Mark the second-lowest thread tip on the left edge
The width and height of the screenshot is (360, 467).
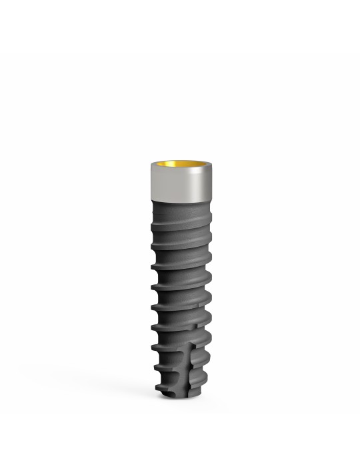(154, 368)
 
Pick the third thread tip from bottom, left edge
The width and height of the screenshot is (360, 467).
(153, 347)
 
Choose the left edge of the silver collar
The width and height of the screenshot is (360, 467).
(150, 183)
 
